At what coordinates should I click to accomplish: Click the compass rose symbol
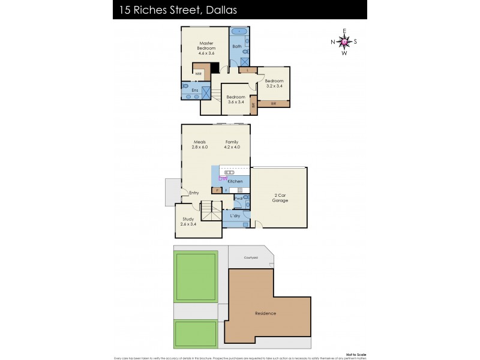coord(344,42)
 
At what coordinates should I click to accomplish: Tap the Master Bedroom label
coord(207,46)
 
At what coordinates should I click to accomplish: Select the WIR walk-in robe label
coord(198,74)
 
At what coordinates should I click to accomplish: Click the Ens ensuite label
coord(195,90)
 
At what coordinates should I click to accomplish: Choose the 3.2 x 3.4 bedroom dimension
coord(274,86)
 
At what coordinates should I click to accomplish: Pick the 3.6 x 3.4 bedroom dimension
coord(236,102)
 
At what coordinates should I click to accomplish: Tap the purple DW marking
coord(223,178)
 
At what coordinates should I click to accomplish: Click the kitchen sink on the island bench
coord(229,172)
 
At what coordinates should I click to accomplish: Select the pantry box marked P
coord(216,190)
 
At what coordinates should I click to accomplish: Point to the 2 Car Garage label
coord(280,198)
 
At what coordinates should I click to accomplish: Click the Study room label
coord(188,219)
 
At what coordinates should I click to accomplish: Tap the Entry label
coord(194,193)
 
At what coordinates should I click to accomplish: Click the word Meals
coord(199,142)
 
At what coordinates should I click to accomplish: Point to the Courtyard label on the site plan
coord(251,257)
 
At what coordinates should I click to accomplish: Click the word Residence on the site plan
coord(265,313)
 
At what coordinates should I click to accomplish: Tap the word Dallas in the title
coord(205,10)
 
